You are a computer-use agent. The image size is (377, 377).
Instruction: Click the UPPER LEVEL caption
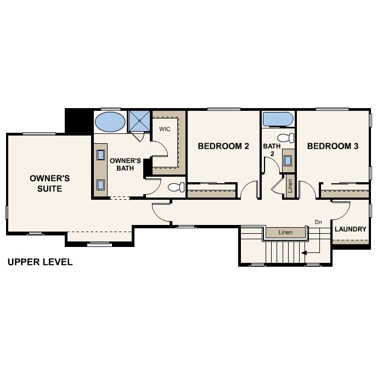(x=40, y=262)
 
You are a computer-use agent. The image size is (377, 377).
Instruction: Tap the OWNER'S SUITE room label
(x=50, y=183)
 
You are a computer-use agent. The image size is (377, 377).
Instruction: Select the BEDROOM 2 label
(x=223, y=146)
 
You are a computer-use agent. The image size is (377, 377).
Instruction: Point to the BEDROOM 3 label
(x=333, y=146)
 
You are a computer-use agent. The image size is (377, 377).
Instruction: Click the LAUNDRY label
(x=351, y=229)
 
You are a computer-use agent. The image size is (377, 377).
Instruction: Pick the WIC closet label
(x=165, y=129)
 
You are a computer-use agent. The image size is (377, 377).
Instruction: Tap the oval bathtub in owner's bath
(x=110, y=122)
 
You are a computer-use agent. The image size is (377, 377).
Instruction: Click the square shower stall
(x=139, y=121)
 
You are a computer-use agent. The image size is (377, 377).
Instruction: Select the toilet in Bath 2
(x=286, y=138)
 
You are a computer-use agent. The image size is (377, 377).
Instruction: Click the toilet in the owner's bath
(x=176, y=187)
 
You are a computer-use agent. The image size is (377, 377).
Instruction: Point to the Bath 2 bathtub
(x=278, y=119)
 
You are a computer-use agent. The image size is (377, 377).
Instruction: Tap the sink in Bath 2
(x=288, y=160)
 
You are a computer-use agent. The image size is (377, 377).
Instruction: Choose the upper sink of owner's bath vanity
(x=100, y=155)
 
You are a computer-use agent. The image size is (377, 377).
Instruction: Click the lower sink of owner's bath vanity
(x=100, y=184)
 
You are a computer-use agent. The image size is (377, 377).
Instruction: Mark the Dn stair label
(x=318, y=222)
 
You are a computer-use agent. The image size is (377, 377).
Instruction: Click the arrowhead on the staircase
(x=304, y=252)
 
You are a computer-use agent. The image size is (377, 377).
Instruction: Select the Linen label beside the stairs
(x=286, y=232)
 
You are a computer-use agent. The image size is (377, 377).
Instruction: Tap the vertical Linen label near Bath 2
(x=290, y=186)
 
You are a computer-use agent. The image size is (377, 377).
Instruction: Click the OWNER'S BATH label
(x=125, y=165)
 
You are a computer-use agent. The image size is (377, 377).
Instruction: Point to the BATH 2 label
(x=272, y=150)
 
